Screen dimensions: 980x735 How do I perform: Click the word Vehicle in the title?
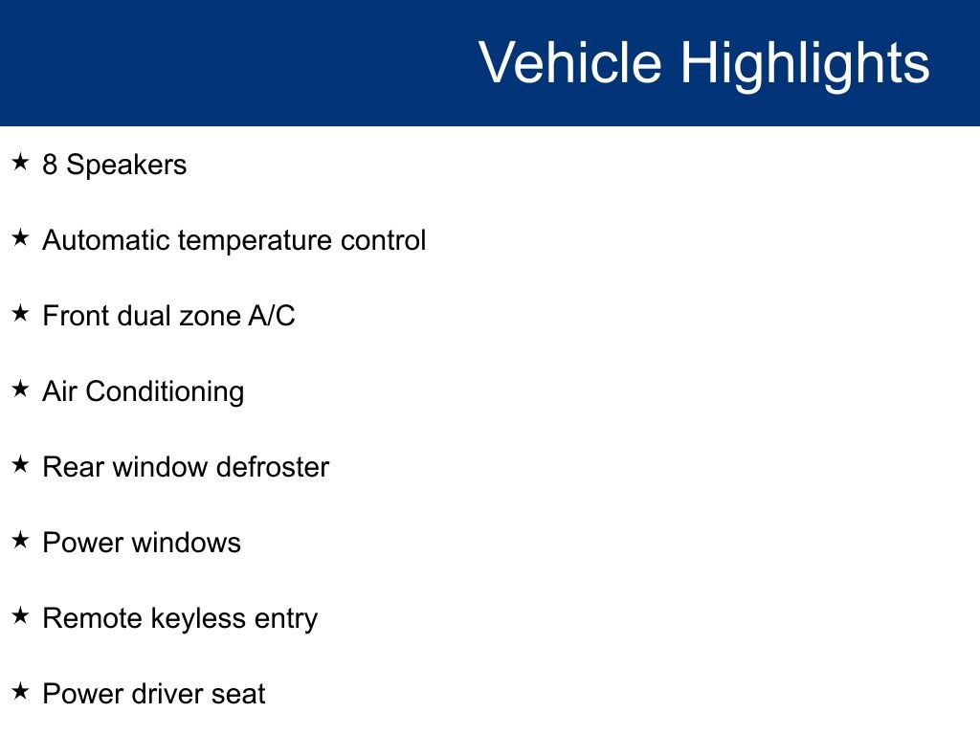[570, 62]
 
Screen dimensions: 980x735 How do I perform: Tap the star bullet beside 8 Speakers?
[21, 162]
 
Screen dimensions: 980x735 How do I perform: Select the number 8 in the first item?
[50, 165]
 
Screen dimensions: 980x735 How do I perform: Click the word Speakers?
[127, 165]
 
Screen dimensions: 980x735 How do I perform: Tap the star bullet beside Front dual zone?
[21, 313]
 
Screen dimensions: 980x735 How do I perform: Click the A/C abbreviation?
[272, 316]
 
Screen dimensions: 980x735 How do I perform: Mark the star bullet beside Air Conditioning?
[21, 389]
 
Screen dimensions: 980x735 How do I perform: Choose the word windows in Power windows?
[186, 543]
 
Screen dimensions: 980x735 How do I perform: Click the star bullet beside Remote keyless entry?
[21, 615]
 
